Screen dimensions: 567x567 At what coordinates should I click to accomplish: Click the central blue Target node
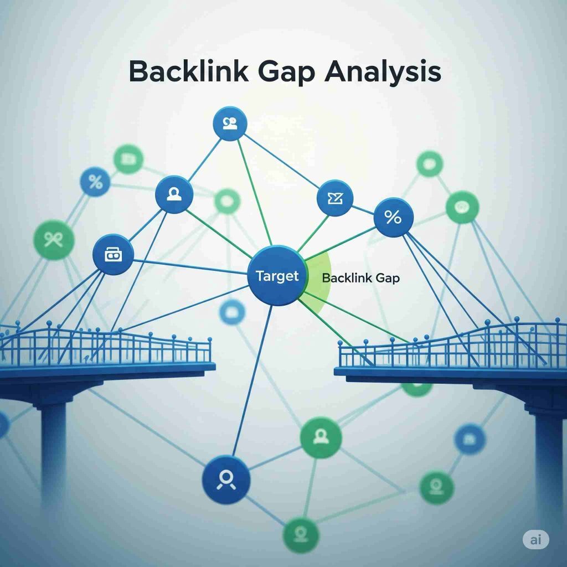pyautogui.click(x=277, y=276)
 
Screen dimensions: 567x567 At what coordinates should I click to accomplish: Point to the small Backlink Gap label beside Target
pyautogui.click(x=360, y=278)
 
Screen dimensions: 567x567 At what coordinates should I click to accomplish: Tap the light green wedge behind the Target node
pyautogui.click(x=318, y=277)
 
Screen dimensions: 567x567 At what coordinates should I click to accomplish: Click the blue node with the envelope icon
pyautogui.click(x=335, y=199)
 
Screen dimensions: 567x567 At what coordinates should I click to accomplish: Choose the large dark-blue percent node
pyautogui.click(x=393, y=218)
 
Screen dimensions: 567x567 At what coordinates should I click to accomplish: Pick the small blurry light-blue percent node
pyautogui.click(x=95, y=182)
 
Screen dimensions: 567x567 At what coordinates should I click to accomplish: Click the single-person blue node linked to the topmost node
pyautogui.click(x=174, y=194)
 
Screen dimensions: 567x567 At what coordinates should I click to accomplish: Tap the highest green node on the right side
pyautogui.click(x=430, y=163)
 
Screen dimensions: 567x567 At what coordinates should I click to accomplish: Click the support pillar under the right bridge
pyautogui.click(x=548, y=454)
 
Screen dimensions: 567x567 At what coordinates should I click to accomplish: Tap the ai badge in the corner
pyautogui.click(x=535, y=540)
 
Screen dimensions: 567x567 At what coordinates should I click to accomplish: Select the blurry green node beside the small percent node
pyautogui.click(x=128, y=159)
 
